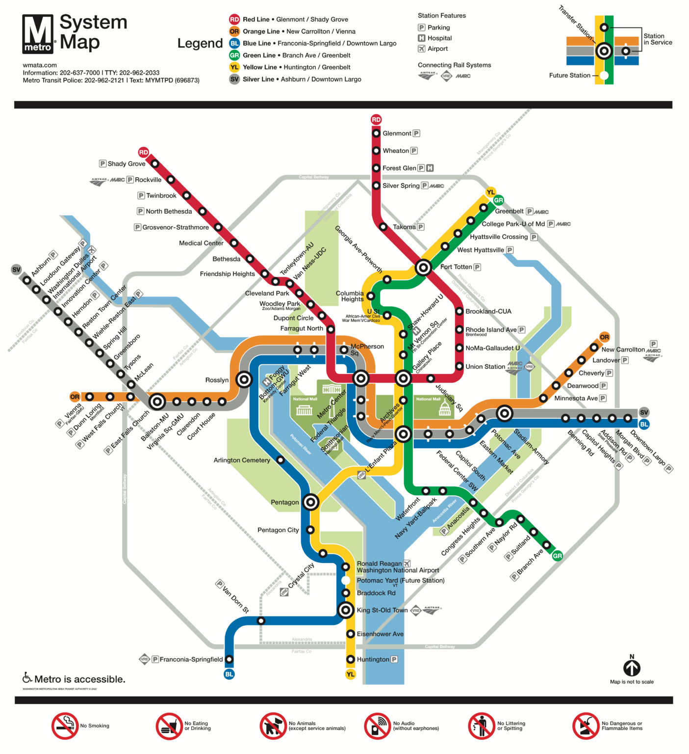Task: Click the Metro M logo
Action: click(x=38, y=34)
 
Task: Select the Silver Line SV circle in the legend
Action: click(x=234, y=79)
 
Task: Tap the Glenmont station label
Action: click(x=397, y=134)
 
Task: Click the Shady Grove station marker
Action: click(x=155, y=163)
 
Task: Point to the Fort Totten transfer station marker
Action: click(x=423, y=268)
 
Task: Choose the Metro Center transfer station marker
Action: click(x=361, y=378)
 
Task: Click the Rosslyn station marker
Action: click(x=244, y=379)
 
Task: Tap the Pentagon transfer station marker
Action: click(x=310, y=502)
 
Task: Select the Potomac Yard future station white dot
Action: click(x=346, y=581)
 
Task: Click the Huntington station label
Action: click(x=373, y=659)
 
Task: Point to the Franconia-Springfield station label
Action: click(x=191, y=659)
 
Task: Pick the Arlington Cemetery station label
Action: click(x=242, y=460)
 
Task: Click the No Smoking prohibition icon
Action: click(x=65, y=726)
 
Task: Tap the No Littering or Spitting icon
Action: click(x=482, y=726)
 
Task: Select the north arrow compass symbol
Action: click(x=632, y=668)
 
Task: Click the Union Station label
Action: click(x=485, y=367)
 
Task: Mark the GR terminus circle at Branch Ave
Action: click(x=557, y=556)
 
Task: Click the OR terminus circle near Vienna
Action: click(x=75, y=397)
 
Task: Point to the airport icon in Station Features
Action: click(x=421, y=49)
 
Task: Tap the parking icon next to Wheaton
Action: click(x=414, y=151)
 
